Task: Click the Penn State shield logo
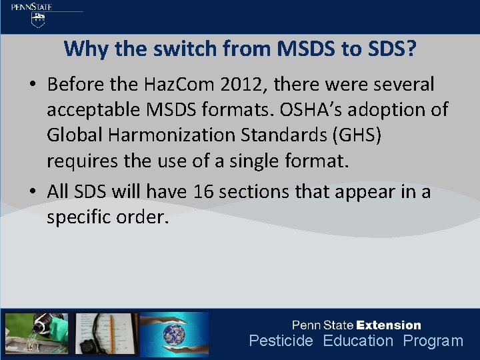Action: [40, 20]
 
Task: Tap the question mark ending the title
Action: [410, 49]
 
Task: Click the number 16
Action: [205, 192]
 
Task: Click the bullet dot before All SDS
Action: [33, 193]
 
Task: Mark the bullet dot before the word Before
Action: [33, 85]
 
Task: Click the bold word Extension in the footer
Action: [389, 325]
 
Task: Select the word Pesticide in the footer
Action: [281, 341]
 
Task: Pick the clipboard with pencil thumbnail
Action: [103, 333]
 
